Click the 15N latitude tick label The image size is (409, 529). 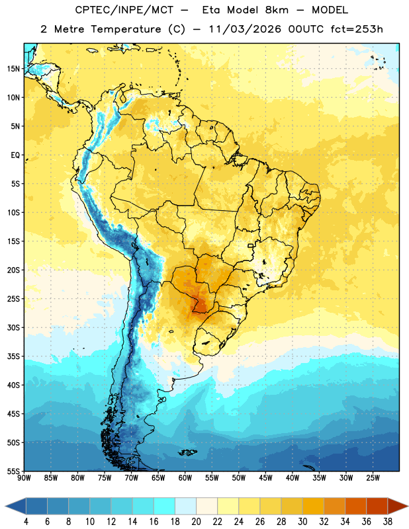pyautogui.click(x=13, y=69)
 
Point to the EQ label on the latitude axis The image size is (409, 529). pyautogui.click(x=15, y=155)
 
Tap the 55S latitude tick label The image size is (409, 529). pyautogui.click(x=13, y=471)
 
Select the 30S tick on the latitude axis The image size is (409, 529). pyautogui.click(x=13, y=327)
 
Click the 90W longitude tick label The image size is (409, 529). pyautogui.click(x=24, y=477)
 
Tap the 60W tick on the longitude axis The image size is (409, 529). pyautogui.click(x=185, y=477)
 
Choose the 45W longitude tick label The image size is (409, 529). pyautogui.click(x=265, y=477)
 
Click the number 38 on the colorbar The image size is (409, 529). pyautogui.click(x=387, y=522)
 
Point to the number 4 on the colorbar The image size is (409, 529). pyautogui.click(x=26, y=522)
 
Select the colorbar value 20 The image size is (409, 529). pyautogui.click(x=196, y=522)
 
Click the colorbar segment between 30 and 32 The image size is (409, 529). pyautogui.click(x=313, y=507)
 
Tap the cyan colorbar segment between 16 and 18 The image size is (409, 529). pyautogui.click(x=165, y=507)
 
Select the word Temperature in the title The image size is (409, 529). pyautogui.click(x=126, y=29)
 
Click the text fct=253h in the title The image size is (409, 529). pyautogui.click(x=357, y=29)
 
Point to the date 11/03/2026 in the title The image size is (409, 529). pyautogui.click(x=245, y=29)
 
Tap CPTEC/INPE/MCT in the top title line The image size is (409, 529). pyautogui.click(x=124, y=10)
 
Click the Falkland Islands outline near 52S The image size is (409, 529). pyautogui.click(x=188, y=452)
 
